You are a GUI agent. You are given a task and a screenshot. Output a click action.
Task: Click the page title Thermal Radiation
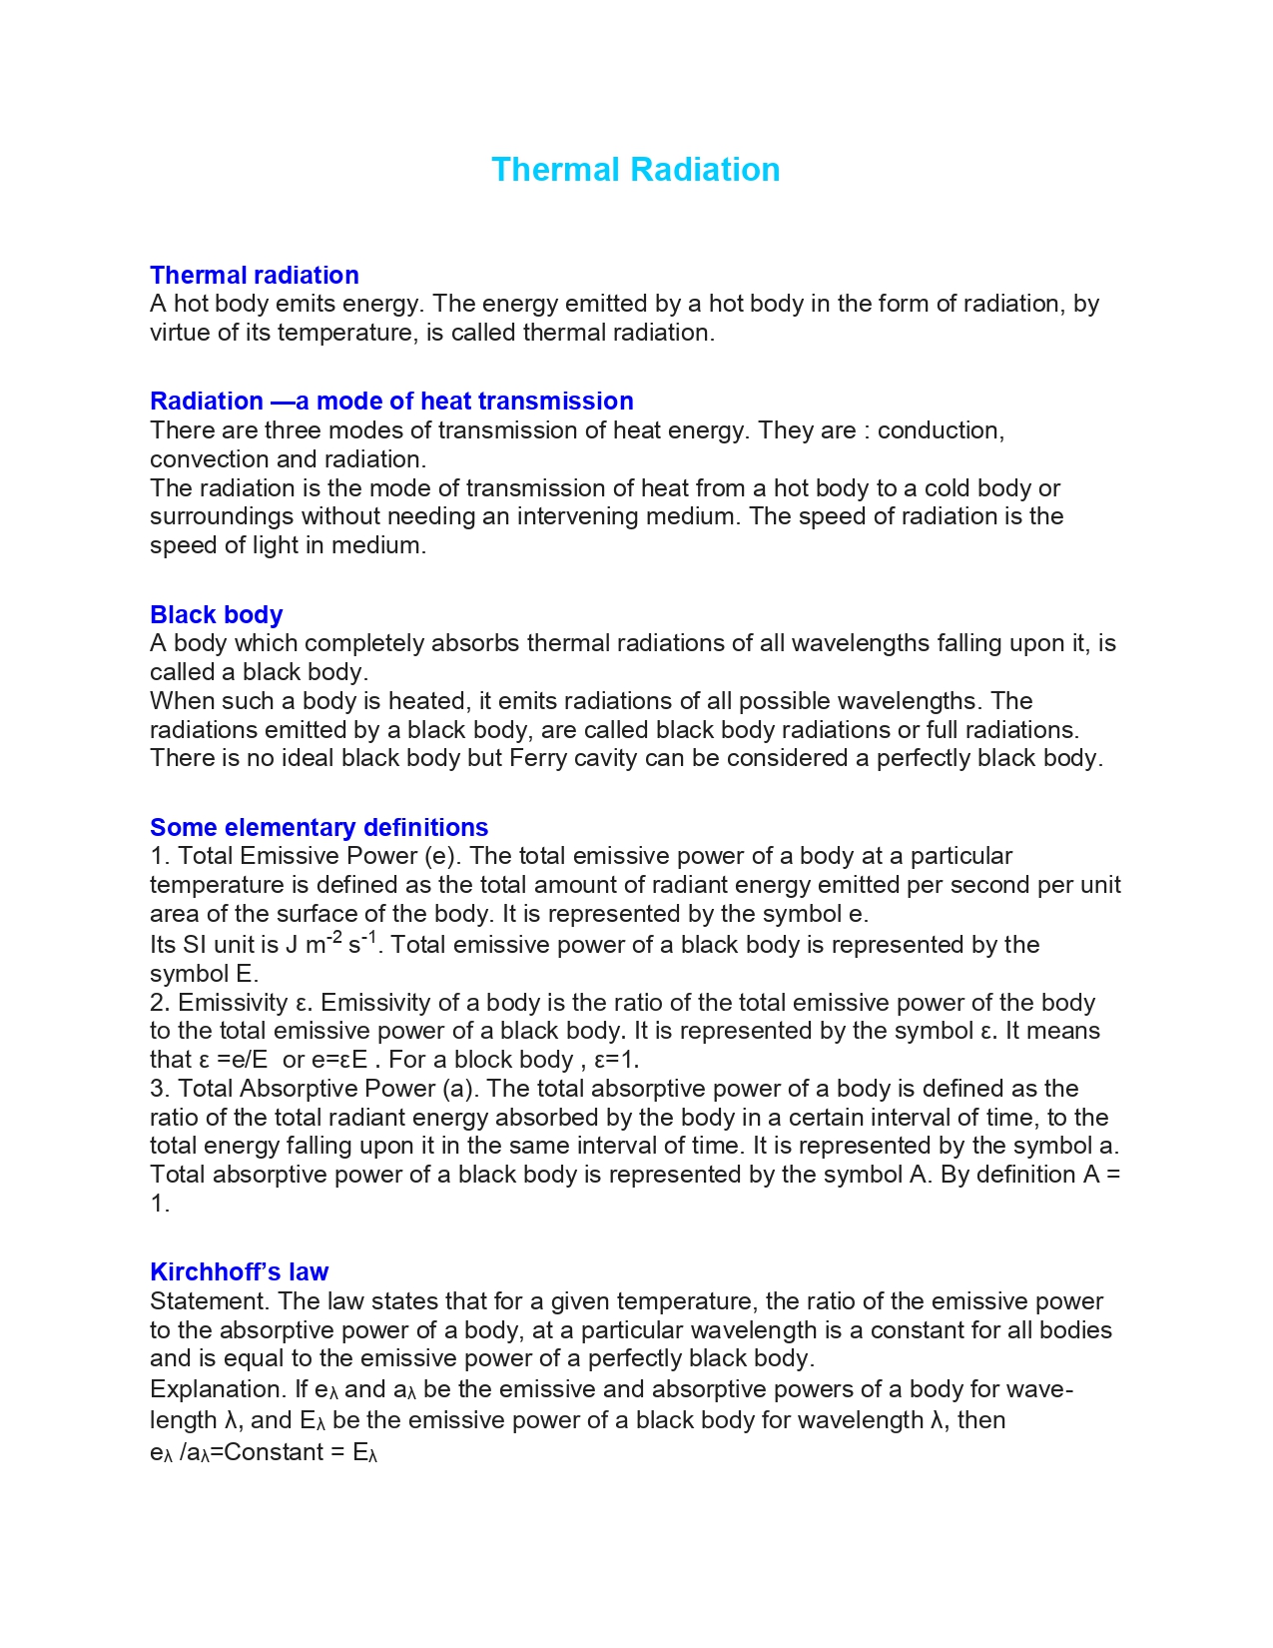click(x=635, y=170)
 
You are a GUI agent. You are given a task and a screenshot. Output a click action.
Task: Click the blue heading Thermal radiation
click(x=254, y=275)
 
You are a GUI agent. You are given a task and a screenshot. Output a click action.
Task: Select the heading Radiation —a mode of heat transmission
click(x=391, y=401)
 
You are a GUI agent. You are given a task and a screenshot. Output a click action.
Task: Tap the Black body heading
click(x=216, y=614)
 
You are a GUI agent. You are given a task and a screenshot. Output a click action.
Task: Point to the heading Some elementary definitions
click(x=318, y=827)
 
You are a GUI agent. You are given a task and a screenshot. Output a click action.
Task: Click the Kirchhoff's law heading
click(x=239, y=1271)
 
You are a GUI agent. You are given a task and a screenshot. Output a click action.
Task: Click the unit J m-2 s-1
click(x=331, y=944)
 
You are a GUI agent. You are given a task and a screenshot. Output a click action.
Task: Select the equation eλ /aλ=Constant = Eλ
click(x=264, y=1453)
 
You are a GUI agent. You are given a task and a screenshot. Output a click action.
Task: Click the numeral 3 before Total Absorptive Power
click(x=157, y=1089)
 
